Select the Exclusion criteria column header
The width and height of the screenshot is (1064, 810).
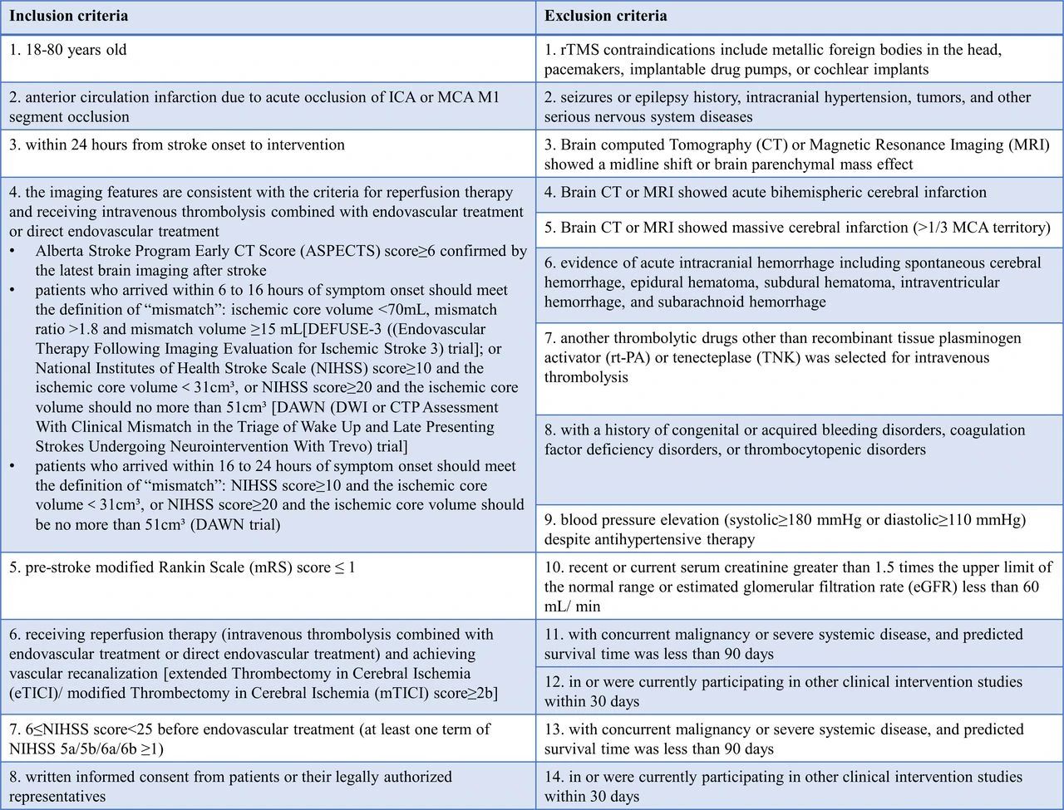pos(605,17)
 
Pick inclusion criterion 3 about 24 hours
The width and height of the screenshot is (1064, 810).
pos(177,145)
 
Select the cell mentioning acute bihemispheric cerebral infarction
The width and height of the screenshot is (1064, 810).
pos(765,193)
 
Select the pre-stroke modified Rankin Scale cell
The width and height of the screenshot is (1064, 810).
pos(182,568)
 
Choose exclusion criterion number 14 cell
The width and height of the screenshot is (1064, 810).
pos(783,786)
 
